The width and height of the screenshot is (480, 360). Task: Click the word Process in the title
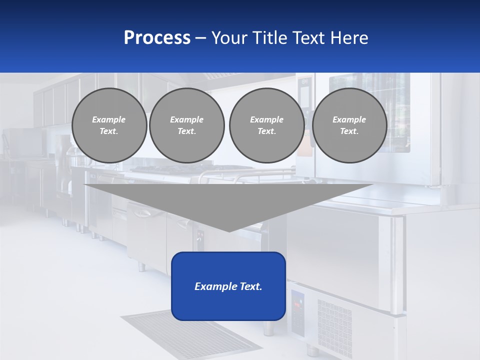point(157,38)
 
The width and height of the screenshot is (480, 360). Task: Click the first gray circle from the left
point(109,125)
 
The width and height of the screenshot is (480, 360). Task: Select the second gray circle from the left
point(187,125)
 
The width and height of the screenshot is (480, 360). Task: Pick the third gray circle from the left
point(266,125)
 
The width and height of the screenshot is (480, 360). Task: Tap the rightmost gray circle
point(349,125)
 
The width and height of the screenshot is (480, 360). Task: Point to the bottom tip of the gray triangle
point(229,231)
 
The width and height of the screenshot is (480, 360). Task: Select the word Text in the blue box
point(250,286)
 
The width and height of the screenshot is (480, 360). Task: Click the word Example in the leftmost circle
point(109,119)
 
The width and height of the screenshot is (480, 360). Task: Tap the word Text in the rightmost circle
point(349,131)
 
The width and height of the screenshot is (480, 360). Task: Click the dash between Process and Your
point(200,38)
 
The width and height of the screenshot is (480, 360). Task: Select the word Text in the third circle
point(266,131)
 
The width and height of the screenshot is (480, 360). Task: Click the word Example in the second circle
point(187,119)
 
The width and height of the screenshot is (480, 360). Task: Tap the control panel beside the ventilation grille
point(297,312)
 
